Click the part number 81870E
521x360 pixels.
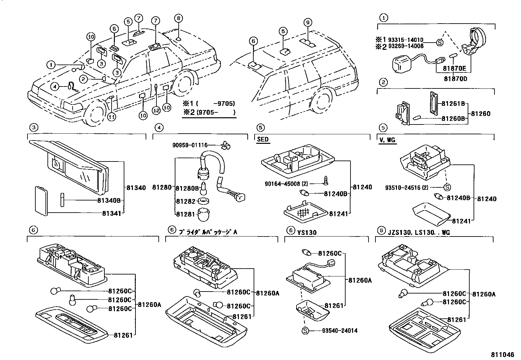tap(455, 69)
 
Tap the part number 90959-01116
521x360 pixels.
tap(190, 145)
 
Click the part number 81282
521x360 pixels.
tap(186, 201)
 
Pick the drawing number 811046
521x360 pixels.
tap(502, 355)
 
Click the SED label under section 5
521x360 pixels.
tap(262, 139)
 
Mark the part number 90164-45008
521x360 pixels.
tap(282, 184)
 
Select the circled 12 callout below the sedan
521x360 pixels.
tap(156, 111)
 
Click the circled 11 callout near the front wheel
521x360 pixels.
tap(112, 117)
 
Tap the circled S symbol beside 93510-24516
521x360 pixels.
tap(447, 187)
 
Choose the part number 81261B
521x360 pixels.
tap(453, 104)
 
